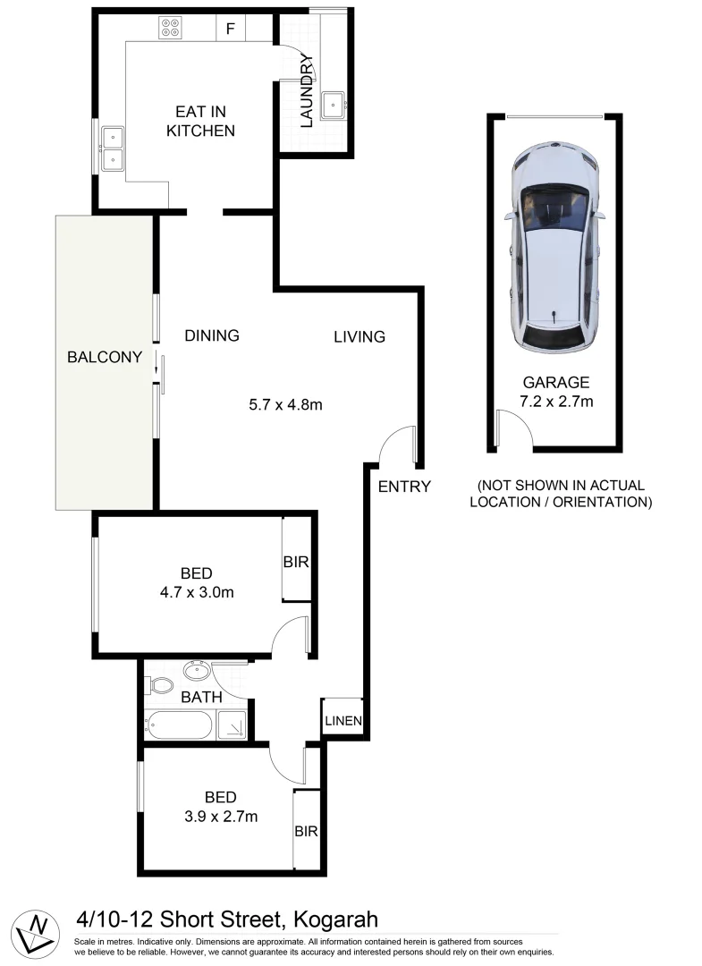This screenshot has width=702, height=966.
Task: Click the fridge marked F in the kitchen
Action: pos(231,29)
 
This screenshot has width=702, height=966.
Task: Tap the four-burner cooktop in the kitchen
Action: pos(170,29)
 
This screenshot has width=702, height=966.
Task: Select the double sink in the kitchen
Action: pos(113,148)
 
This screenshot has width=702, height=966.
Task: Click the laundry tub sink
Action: pos(335,104)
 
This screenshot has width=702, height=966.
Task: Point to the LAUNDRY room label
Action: pos(306,91)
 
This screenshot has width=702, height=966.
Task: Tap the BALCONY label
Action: pos(105,358)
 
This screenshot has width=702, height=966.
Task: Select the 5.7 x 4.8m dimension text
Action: pos(285,404)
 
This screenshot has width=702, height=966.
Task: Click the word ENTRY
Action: pos(404,487)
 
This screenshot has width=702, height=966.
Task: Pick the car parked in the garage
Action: pos(554,250)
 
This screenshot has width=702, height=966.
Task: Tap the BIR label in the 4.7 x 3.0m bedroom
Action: pos(296,563)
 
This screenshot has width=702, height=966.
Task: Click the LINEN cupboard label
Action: pos(343,720)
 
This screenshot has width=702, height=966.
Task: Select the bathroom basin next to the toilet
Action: pos(196,671)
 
